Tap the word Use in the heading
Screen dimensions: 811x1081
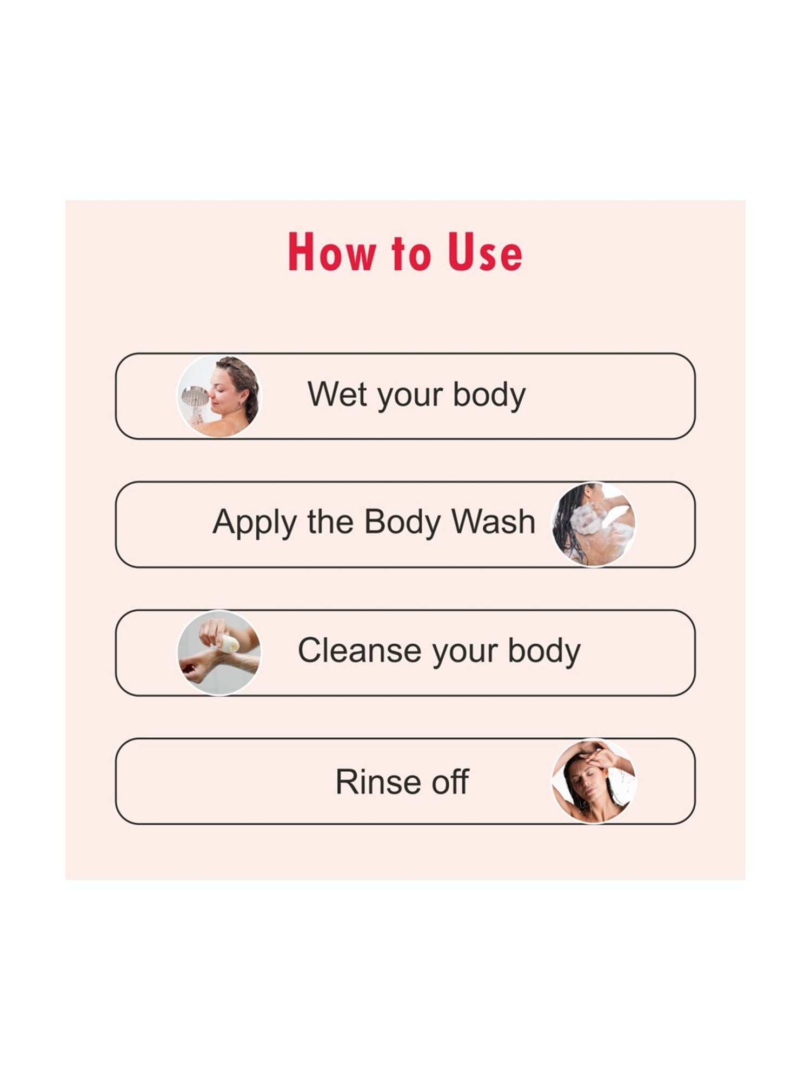[x=485, y=252]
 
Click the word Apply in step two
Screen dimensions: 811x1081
[x=255, y=523]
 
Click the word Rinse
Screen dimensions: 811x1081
[x=371, y=782]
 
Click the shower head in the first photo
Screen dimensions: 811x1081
[x=195, y=396]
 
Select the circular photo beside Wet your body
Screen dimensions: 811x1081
[x=219, y=396]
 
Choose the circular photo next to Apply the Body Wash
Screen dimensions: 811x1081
[x=594, y=524]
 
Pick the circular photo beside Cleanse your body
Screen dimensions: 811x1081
[x=219, y=652]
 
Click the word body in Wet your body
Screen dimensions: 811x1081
[x=489, y=396]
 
